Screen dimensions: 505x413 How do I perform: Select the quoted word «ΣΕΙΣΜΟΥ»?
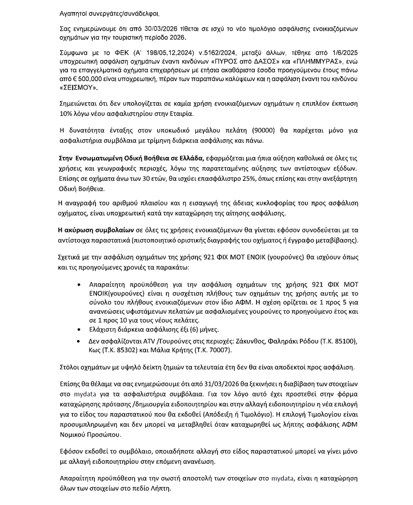(79, 88)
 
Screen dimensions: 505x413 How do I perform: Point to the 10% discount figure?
(67, 114)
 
